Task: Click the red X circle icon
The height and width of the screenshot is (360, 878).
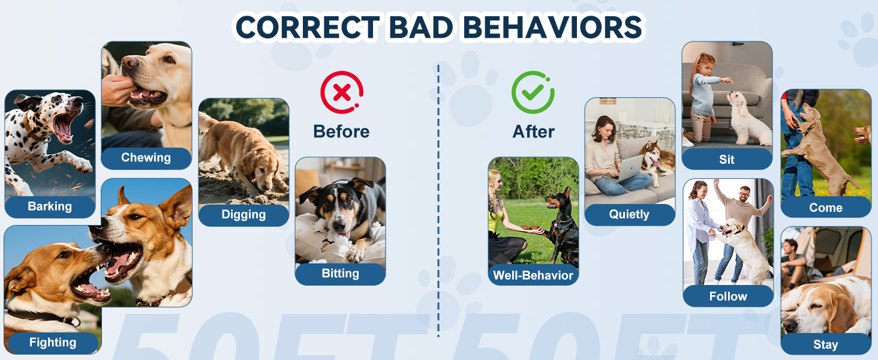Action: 342,93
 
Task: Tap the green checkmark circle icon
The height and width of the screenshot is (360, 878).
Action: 533,93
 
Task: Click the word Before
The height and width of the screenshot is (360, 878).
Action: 341,131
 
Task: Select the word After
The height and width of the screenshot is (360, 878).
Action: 533,131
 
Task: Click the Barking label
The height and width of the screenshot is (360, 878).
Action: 50,206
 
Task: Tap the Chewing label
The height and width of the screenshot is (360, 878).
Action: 146,158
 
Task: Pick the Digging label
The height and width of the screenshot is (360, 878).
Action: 243,215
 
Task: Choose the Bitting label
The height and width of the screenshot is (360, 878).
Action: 340,274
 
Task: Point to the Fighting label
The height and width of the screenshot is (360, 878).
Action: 53,343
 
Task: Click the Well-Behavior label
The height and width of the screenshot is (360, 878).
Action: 533,275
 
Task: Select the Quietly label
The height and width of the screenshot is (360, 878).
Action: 629,214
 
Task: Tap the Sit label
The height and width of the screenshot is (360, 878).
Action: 727,159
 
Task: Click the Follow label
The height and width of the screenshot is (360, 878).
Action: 728,296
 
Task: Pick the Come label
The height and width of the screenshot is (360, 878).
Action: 826,208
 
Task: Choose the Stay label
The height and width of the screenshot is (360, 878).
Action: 826,344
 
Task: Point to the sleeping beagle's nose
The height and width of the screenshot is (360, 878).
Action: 790,326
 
